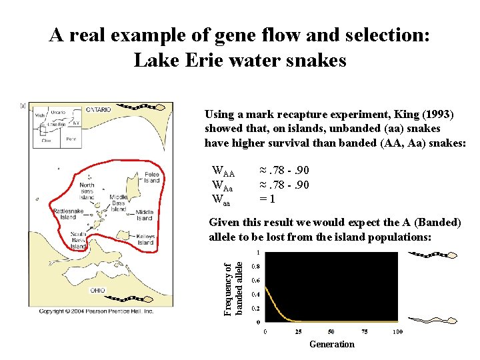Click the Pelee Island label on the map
coord(152,177)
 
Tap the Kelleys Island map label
coord(145,240)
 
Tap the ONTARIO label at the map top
coord(97,109)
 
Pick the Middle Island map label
coord(145,215)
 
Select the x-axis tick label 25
coord(298,331)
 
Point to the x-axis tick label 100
coord(397,331)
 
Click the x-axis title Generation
coord(332,344)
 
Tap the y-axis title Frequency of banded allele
coord(233,289)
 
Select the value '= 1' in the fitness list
coord(268,199)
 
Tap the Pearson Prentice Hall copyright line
coord(97,311)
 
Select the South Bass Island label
coord(79,240)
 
